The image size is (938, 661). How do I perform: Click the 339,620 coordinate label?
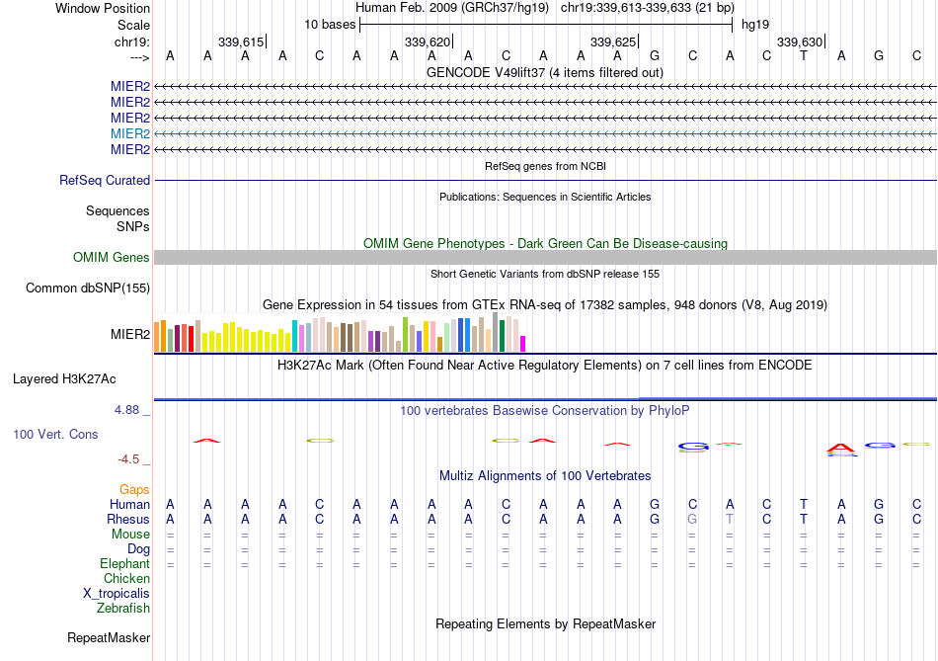(x=428, y=41)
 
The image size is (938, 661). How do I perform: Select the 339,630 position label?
(x=799, y=41)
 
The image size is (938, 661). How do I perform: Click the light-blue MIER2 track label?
(x=130, y=133)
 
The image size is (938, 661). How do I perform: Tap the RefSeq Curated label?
(x=105, y=181)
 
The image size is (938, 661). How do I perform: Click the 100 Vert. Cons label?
(x=55, y=435)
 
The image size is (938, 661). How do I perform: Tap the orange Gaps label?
(x=134, y=490)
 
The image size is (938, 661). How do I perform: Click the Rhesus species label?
(x=128, y=520)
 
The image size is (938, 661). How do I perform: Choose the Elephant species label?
(x=124, y=564)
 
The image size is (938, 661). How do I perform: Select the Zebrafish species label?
(x=123, y=609)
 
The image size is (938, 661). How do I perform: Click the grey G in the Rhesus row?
(x=692, y=520)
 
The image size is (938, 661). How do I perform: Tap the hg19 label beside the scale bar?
(x=755, y=24)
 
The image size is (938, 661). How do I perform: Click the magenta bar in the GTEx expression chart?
(x=523, y=343)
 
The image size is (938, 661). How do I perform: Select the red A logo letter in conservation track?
(x=841, y=450)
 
